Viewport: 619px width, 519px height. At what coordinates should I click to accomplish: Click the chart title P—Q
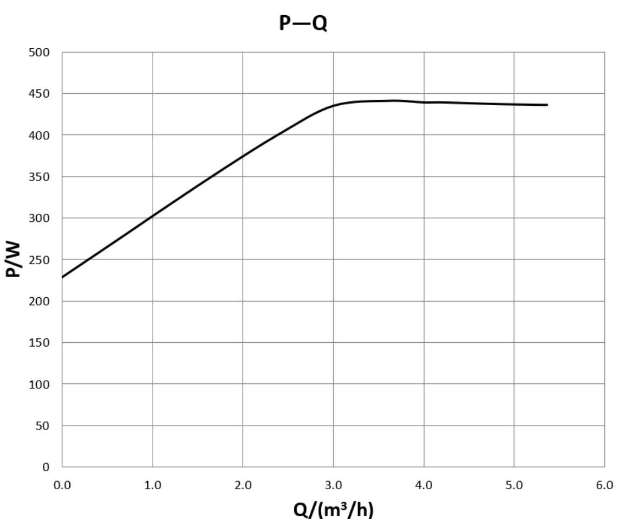pos(303,23)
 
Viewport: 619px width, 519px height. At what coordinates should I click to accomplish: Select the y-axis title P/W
pos(14,259)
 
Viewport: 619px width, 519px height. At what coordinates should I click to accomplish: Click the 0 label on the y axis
pos(46,467)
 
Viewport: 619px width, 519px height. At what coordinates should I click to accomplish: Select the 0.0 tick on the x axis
pos(62,485)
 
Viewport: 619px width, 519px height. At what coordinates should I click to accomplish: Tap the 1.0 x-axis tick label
pos(153,485)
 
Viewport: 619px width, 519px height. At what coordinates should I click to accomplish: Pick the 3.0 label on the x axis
pos(334,485)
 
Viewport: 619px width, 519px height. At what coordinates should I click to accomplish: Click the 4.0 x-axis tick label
pos(424,485)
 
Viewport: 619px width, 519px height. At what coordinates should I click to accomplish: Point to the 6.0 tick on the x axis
pos(604,485)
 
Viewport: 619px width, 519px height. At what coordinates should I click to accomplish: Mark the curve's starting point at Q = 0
pos(63,277)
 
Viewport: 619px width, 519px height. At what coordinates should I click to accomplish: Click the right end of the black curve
pos(547,105)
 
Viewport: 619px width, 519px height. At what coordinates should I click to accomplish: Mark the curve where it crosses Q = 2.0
pos(243,156)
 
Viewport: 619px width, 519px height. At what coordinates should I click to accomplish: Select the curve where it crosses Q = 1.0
pos(153,216)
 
